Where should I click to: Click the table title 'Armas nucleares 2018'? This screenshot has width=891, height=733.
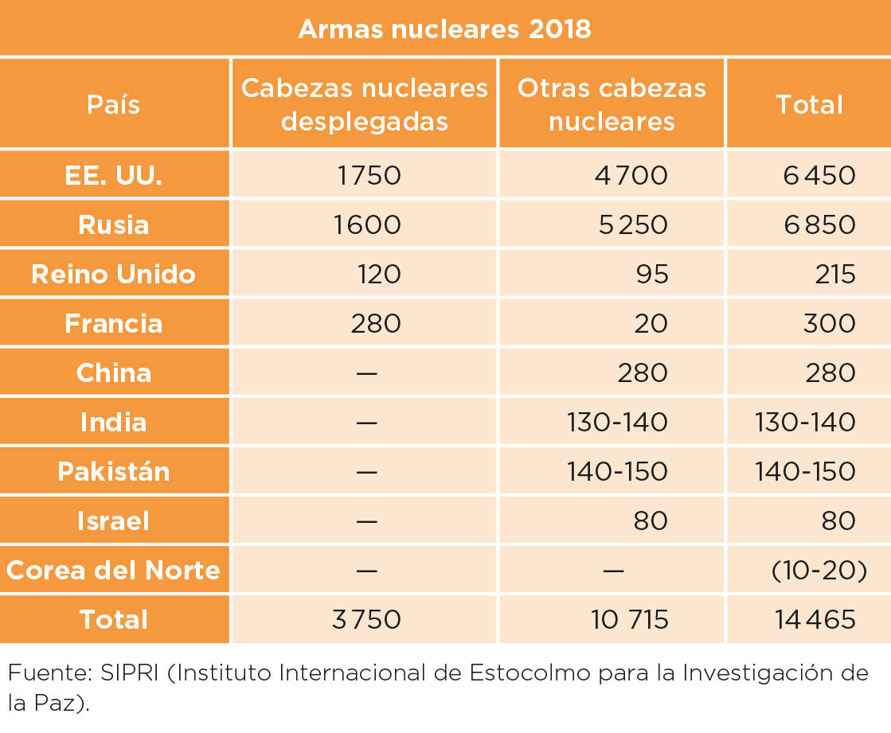click(445, 29)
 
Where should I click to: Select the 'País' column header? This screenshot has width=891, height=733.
click(114, 104)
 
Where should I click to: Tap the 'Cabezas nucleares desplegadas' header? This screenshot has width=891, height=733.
click(364, 104)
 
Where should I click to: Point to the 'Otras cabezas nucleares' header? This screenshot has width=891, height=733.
click(612, 104)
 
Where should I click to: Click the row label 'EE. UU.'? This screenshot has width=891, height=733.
click(114, 175)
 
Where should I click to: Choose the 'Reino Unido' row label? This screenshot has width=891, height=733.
click(114, 275)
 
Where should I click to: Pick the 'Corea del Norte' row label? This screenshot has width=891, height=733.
click(114, 570)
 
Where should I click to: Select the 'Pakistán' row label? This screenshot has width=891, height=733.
click(114, 471)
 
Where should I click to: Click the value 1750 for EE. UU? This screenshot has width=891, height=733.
click(369, 175)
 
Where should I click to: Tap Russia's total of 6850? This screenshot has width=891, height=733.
click(819, 225)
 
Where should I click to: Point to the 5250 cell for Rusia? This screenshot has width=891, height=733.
click(633, 225)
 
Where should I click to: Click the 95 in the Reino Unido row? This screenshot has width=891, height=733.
click(652, 275)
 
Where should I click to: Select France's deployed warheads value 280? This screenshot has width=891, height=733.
click(376, 324)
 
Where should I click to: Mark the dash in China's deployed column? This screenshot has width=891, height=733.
click(366, 373)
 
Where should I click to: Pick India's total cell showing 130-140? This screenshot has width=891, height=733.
click(805, 423)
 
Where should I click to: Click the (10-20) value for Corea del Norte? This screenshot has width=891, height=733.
click(819, 570)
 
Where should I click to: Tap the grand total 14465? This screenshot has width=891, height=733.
click(815, 619)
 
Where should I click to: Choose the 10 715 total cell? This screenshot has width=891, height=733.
click(630, 619)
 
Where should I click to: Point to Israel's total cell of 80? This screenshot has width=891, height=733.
click(838, 521)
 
